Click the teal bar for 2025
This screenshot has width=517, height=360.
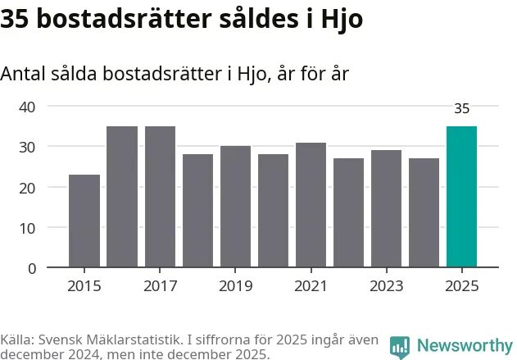pos(461,197)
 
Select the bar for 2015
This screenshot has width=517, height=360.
pos(84,221)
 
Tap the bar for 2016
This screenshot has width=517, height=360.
pos(122,197)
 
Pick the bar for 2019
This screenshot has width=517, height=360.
pos(235,207)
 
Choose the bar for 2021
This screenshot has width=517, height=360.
pos(311,205)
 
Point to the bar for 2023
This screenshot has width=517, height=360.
pos(386,209)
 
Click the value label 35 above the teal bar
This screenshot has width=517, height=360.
pos(461,108)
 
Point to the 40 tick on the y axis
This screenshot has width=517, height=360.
pos(27,107)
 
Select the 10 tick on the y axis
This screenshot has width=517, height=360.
pos(27,227)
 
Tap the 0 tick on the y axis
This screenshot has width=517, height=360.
pos(32,268)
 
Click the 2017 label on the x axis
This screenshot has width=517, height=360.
pos(160,286)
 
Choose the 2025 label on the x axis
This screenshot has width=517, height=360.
pos(461,286)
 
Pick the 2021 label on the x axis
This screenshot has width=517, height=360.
pos(311,286)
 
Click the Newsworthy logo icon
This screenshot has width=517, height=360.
pos(400,346)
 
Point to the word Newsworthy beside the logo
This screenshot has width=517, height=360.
pos(464,346)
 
